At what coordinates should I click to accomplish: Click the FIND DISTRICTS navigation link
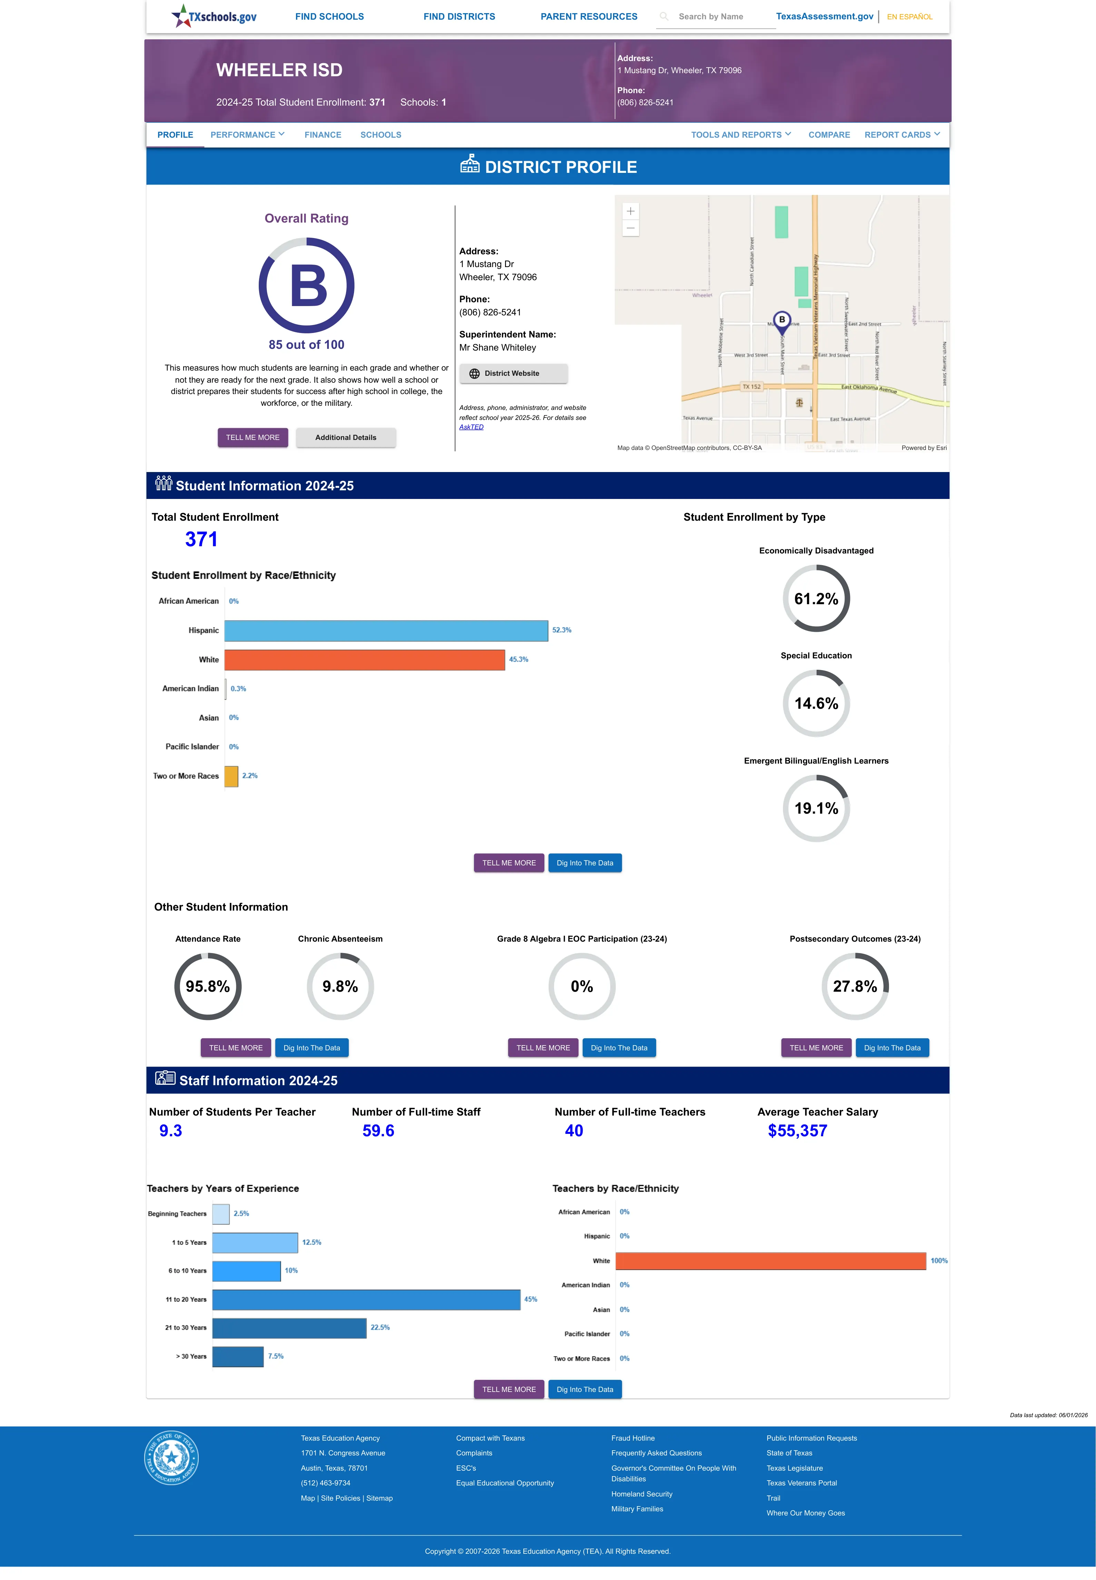point(459,17)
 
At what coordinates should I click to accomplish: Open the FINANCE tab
point(323,135)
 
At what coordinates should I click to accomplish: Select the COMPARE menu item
point(829,135)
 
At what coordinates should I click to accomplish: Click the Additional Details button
point(345,438)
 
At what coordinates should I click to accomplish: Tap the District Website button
point(513,374)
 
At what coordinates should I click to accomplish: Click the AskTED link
point(471,427)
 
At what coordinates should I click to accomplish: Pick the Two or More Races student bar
point(231,776)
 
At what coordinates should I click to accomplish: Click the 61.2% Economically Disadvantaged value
point(816,599)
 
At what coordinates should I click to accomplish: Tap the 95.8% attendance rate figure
point(207,986)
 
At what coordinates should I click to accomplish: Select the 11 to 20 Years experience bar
point(366,1299)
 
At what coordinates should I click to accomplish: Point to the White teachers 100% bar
point(770,1261)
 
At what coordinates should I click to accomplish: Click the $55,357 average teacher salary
point(797,1131)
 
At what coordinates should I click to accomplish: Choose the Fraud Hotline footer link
point(632,1438)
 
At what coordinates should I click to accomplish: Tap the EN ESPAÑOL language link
point(909,17)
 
